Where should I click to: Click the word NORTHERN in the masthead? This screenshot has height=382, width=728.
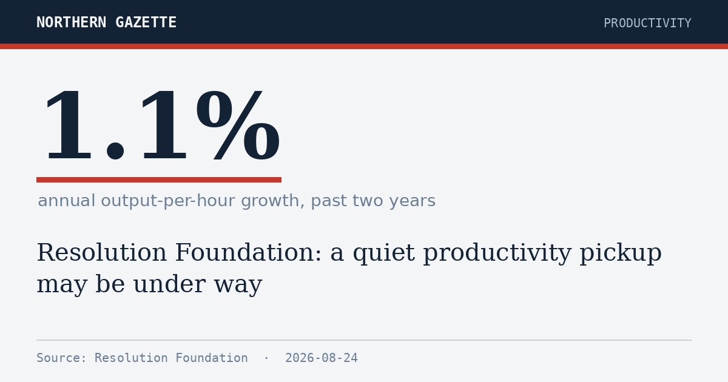(x=71, y=22)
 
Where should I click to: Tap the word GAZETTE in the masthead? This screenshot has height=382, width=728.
(x=146, y=22)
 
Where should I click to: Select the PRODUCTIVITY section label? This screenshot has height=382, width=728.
(x=647, y=23)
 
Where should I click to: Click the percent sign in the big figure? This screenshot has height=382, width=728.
(x=238, y=126)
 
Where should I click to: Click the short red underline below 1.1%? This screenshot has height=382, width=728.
(x=159, y=179)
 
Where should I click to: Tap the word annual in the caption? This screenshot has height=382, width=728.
(x=67, y=201)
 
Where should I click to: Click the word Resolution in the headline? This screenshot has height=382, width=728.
(x=102, y=252)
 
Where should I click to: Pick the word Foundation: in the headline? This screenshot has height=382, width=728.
(x=249, y=252)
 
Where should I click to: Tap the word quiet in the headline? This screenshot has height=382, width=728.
(x=384, y=253)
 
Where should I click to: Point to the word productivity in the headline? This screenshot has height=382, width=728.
(x=497, y=253)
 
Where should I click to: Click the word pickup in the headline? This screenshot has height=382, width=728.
(x=621, y=253)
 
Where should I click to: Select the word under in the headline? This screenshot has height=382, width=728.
(x=169, y=284)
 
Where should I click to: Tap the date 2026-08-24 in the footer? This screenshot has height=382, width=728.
(x=322, y=358)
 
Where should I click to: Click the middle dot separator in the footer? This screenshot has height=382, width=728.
(x=266, y=358)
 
